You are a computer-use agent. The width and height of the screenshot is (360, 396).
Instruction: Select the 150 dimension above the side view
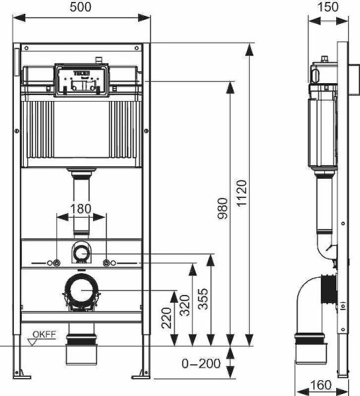tap(328, 7)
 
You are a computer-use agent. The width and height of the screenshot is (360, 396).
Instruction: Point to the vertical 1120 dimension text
tap(241, 194)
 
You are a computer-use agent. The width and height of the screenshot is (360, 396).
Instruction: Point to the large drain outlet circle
tap(82, 291)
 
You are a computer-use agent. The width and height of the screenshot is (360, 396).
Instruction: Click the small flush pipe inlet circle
tap(81, 252)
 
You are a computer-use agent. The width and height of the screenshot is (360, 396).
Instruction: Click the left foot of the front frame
tap(24, 376)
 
